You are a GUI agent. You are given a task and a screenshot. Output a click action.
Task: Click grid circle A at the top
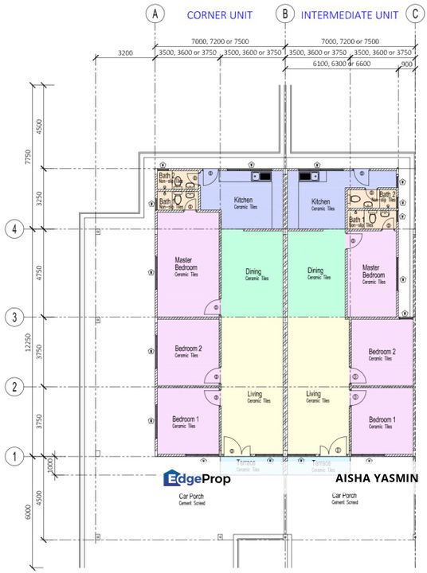pos(155,14)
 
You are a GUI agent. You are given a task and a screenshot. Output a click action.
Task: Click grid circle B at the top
pos(284,14)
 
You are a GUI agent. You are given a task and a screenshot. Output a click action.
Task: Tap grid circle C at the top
pos(413,14)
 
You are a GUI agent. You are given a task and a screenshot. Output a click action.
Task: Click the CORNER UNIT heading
pos(221,14)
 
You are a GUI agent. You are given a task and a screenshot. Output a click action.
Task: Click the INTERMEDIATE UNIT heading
pos(349,14)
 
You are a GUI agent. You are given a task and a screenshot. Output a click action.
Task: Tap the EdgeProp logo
pos(197,479)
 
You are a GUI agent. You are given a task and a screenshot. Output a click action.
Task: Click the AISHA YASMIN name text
pos(376,479)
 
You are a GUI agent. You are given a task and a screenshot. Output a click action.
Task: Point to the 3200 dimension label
pos(125,53)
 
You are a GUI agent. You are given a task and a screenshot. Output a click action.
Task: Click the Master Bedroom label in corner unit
pos(186,263)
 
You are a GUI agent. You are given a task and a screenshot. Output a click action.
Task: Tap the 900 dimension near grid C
pos(407,63)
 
